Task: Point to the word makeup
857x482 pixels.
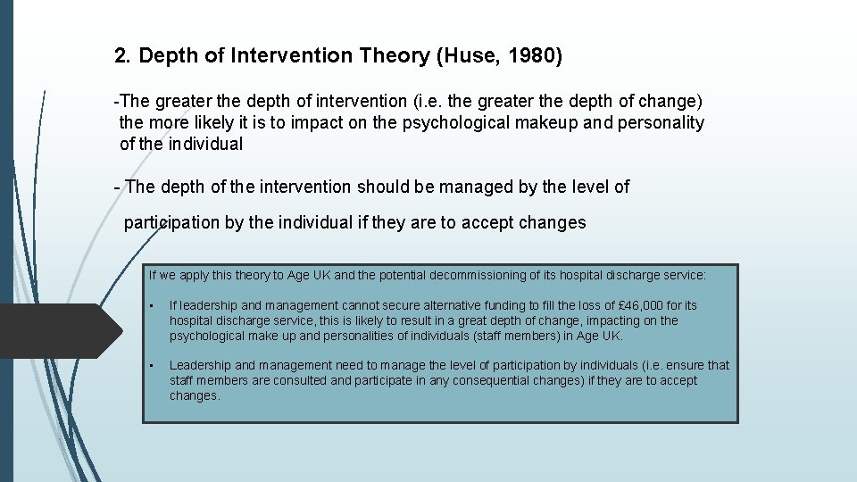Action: point(545,122)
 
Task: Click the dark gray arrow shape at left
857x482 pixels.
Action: point(58,330)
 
